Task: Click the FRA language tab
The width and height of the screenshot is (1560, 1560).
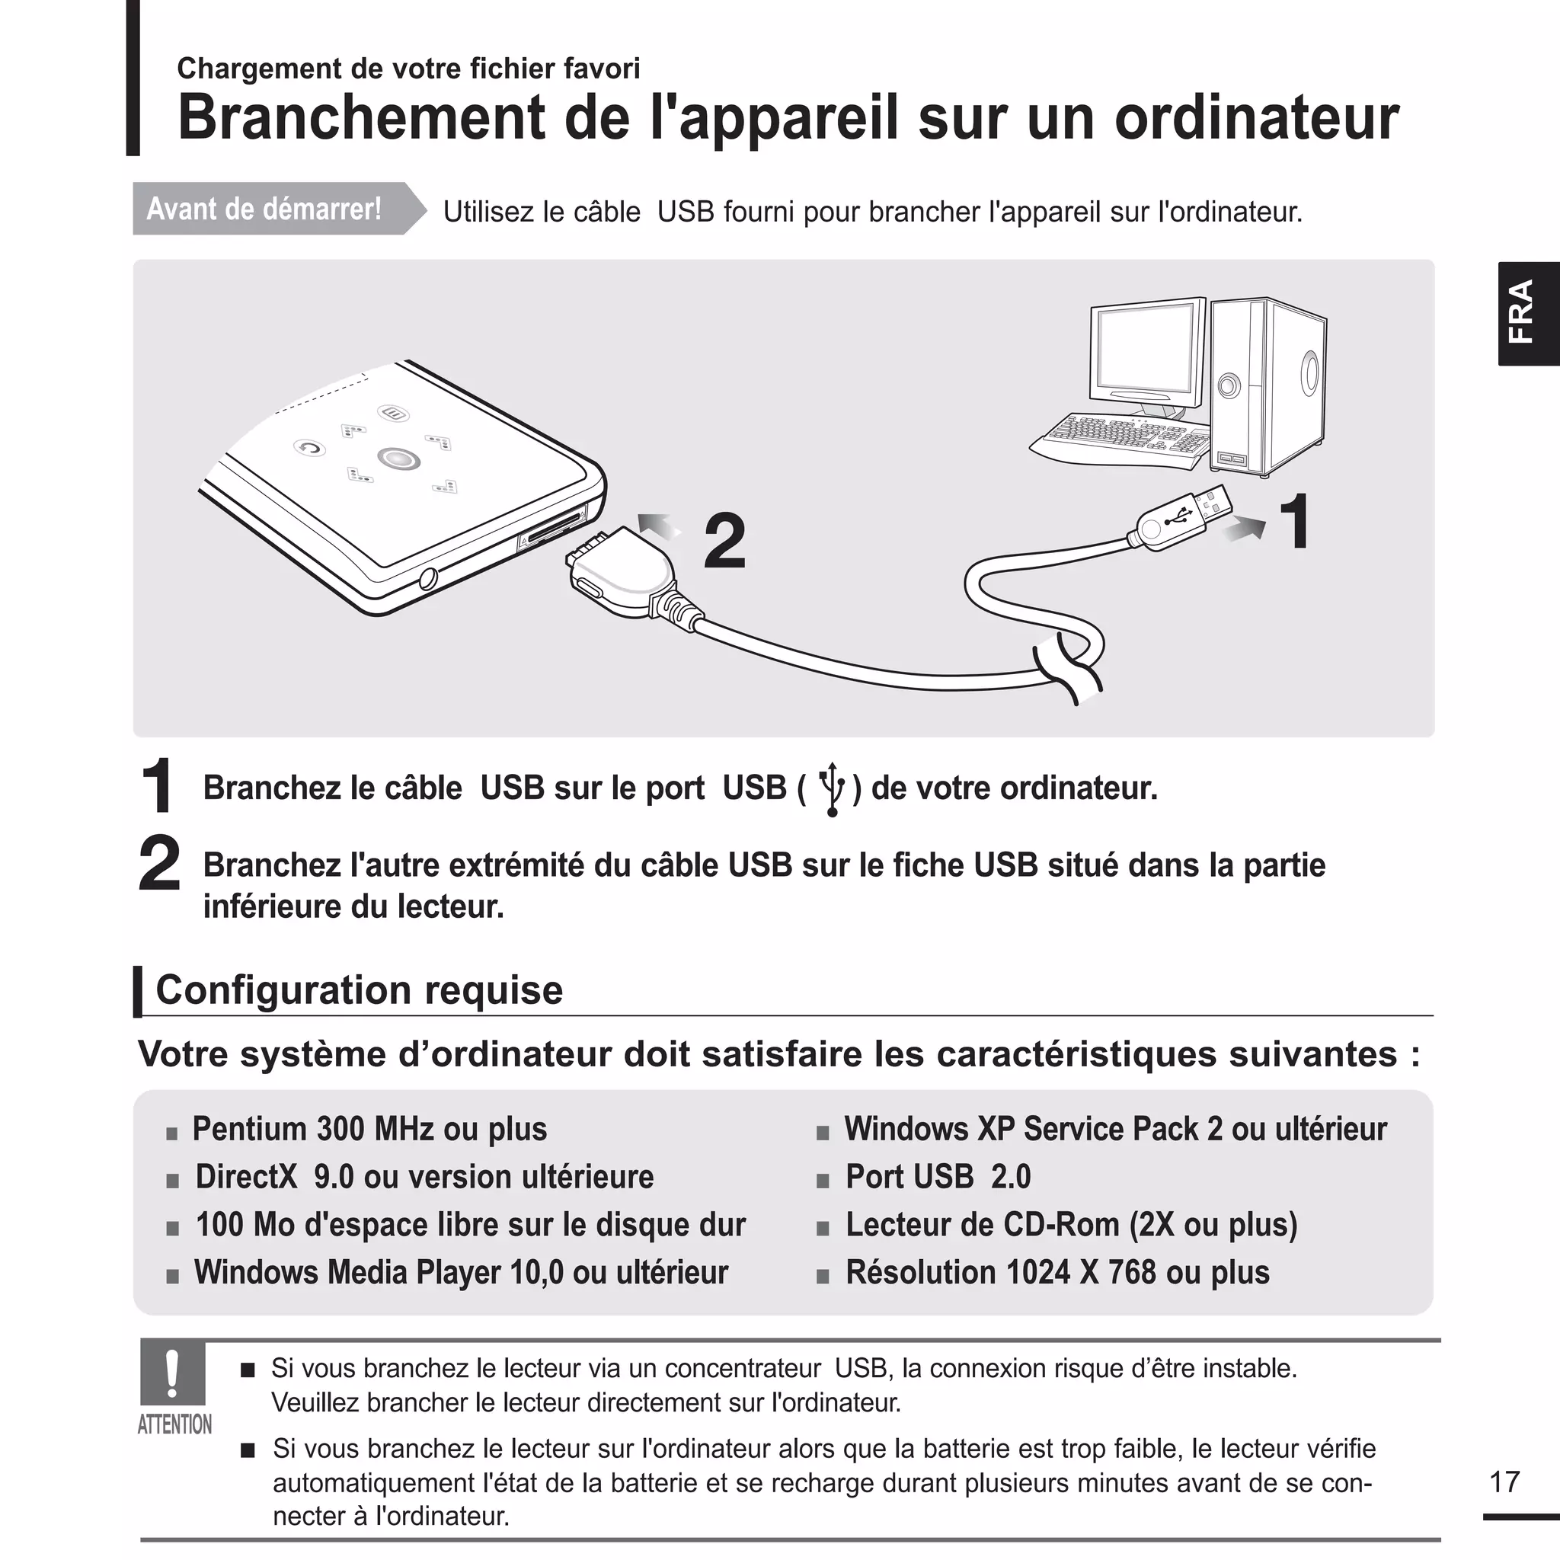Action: click(x=1528, y=313)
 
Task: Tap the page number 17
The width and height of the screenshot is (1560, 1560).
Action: click(x=1504, y=1482)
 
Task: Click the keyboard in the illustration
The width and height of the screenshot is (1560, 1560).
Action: click(x=1122, y=440)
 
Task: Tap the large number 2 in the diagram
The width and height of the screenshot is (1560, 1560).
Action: click(x=724, y=542)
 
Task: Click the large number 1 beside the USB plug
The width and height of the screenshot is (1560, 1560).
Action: click(x=1296, y=523)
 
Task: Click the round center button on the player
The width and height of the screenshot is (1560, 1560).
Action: click(x=398, y=459)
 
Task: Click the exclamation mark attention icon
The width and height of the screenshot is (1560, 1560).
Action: click(x=172, y=1373)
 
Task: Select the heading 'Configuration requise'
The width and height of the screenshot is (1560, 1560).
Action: click(x=359, y=990)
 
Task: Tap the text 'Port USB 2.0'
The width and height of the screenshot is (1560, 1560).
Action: click(x=938, y=1176)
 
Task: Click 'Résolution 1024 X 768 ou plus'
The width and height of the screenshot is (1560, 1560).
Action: click(x=1057, y=1273)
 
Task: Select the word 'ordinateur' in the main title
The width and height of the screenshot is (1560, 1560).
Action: click(x=1256, y=118)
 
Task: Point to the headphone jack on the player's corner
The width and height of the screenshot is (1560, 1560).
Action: click(x=428, y=578)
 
